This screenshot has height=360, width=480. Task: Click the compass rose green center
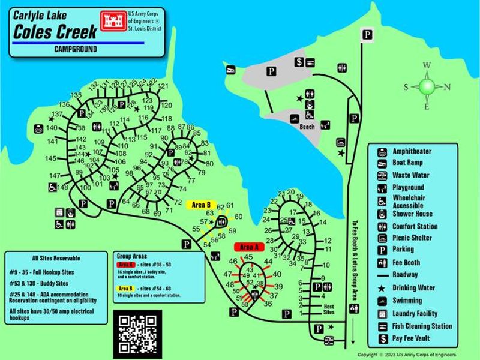click(427, 86)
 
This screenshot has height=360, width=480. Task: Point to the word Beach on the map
click(307, 127)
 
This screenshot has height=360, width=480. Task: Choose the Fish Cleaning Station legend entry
click(422, 326)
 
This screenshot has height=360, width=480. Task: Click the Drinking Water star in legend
click(382, 288)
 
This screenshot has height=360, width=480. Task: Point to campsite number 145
click(50, 158)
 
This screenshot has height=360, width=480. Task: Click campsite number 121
click(163, 86)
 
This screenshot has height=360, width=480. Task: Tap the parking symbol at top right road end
click(365, 35)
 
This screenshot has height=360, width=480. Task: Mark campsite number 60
click(238, 217)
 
